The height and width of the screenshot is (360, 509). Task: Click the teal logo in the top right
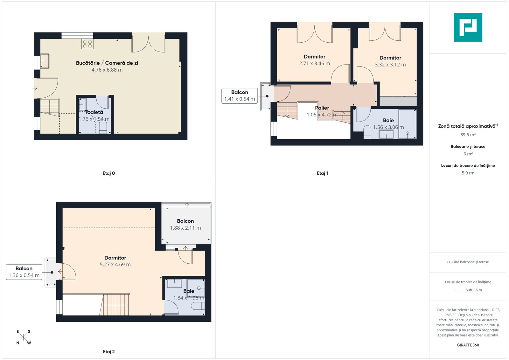click(468, 27)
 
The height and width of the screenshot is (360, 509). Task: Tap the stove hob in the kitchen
click(87, 44)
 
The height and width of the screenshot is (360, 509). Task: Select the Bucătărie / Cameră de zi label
click(107, 63)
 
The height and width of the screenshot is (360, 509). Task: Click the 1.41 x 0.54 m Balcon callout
click(240, 96)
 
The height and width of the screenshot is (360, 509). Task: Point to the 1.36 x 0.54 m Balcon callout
click(24, 272)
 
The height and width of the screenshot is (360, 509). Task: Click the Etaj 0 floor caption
click(108, 173)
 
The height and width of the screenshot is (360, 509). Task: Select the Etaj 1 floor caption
click(322, 173)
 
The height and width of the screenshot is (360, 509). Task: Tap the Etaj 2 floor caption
click(108, 352)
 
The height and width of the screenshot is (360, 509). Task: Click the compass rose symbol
click(24, 337)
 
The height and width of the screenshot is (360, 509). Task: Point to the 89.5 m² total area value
click(468, 135)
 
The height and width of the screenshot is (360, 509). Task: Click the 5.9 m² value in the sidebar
click(468, 173)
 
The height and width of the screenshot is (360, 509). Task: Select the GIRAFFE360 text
click(468, 345)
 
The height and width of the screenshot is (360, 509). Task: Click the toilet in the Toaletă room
click(103, 127)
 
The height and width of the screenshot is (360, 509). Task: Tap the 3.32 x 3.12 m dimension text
click(390, 65)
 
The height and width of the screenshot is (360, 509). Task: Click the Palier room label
click(322, 108)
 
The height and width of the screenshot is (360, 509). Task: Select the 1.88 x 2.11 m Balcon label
click(185, 225)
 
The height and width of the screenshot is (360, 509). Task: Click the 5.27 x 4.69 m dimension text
click(115, 264)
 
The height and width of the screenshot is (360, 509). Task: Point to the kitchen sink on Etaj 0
click(45, 61)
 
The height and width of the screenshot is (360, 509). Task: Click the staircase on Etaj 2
click(115, 305)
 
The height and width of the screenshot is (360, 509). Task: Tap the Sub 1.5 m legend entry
click(468, 290)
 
